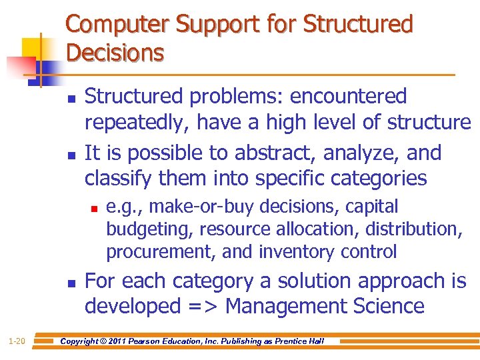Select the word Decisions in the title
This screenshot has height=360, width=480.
coord(115,52)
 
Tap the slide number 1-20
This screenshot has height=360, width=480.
coord(17,341)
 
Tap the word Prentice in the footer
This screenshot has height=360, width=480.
coord(290,341)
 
